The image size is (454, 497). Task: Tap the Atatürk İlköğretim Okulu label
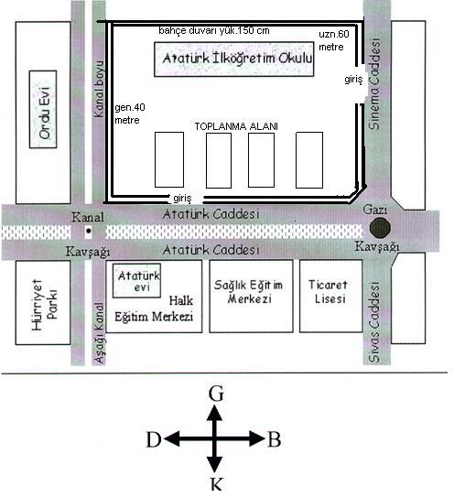[237, 59]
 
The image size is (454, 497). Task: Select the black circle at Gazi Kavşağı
[380, 228]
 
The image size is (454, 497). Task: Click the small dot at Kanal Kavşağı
[89, 231]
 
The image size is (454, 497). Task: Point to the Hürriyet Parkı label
[44, 305]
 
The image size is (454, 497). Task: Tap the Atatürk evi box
[137, 281]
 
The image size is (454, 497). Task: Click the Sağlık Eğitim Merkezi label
[249, 292]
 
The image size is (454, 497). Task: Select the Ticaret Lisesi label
[329, 292]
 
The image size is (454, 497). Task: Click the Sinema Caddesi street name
[374, 83]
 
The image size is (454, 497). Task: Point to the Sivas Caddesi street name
[374, 322]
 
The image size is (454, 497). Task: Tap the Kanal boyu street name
[99, 89]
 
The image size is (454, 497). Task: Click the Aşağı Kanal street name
[99, 333]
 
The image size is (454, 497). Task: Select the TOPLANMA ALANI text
[236, 126]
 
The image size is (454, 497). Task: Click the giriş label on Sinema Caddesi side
[353, 80]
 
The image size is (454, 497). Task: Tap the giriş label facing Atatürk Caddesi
[182, 199]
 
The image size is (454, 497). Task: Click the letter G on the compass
[216, 394]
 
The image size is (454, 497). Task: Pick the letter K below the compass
[216, 484]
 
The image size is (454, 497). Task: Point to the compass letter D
[154, 439]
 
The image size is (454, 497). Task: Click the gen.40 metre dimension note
[130, 113]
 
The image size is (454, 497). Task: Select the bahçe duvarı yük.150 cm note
[214, 31]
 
